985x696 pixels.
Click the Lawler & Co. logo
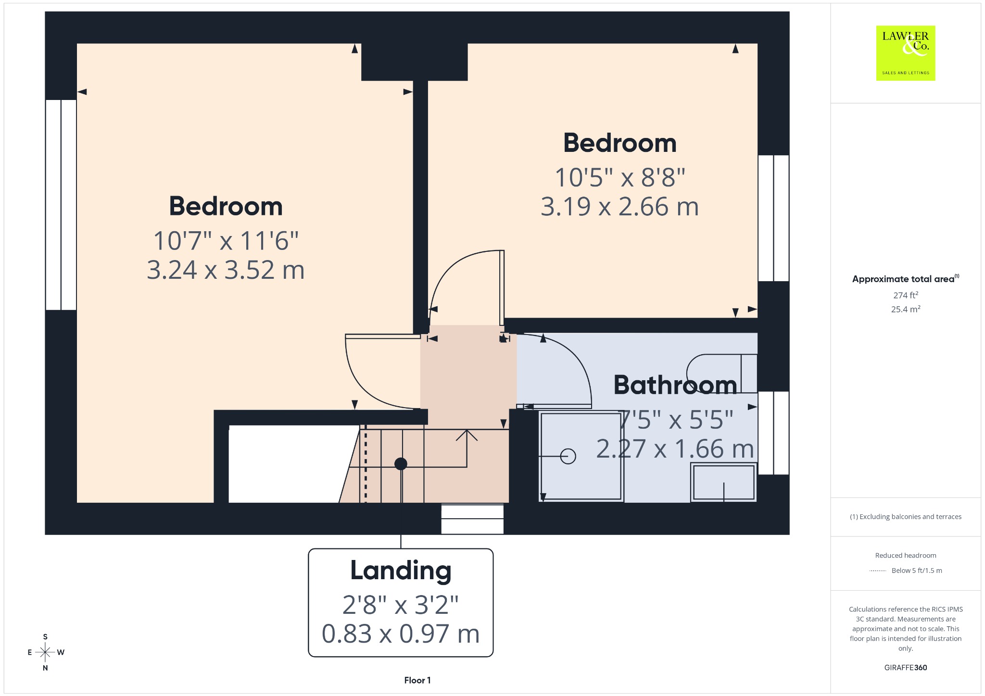click(906, 53)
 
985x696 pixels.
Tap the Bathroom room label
click(675, 385)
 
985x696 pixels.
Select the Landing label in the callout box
click(401, 571)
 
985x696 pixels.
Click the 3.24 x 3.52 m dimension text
click(226, 270)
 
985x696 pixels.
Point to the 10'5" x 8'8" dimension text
click(620, 177)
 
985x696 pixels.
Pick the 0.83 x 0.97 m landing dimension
click(401, 634)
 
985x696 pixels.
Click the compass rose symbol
click(45, 652)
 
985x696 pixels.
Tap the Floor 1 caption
click(417, 680)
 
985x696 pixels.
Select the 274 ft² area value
click(906, 295)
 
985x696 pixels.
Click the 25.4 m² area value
click(906, 309)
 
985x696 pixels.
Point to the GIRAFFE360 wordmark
click(906, 668)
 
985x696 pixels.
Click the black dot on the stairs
click(401, 464)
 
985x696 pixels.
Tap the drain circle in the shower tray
click(568, 456)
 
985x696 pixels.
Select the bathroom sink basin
click(723, 482)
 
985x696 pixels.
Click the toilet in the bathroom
click(721, 374)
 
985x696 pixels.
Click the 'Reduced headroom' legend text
click(906, 555)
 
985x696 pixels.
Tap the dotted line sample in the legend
click(878, 571)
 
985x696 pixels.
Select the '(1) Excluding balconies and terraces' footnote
click(906, 517)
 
